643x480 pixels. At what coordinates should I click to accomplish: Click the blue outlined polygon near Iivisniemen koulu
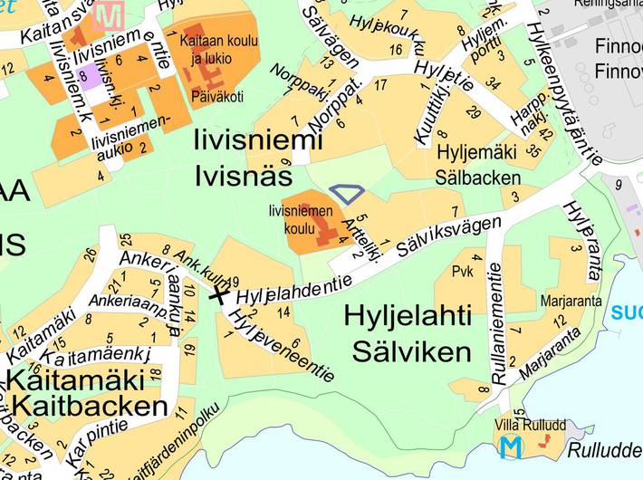347,193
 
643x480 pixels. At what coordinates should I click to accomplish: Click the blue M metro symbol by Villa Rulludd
513,447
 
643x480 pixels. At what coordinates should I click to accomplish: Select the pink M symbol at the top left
110,16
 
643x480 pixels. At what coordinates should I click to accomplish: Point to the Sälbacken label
478,178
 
